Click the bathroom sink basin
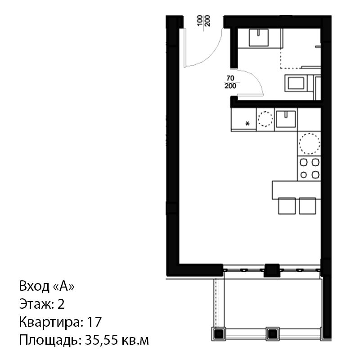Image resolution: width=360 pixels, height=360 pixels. point(258,37)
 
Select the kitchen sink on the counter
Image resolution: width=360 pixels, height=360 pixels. point(286,119)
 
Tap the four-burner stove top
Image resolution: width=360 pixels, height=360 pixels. point(309,168)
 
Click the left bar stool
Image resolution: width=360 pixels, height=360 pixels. point(287,206)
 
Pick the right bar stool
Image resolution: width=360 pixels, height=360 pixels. point(308,206)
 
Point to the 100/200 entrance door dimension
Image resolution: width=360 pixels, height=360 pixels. point(204,21)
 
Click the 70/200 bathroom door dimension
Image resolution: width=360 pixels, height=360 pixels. point(230,82)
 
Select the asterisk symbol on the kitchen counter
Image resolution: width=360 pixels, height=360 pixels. point(247,124)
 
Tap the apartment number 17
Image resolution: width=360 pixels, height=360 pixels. point(94,322)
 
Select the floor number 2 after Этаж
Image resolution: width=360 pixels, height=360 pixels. point(61,304)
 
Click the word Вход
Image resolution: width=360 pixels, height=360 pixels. point(34,286)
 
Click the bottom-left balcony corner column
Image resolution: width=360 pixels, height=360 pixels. point(219,333)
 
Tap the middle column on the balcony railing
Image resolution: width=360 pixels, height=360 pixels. point(273,333)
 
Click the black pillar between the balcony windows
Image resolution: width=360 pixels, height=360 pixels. point(272,270)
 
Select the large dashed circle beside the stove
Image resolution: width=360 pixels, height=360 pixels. point(309,143)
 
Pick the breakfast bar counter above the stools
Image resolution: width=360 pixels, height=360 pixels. point(297,190)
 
